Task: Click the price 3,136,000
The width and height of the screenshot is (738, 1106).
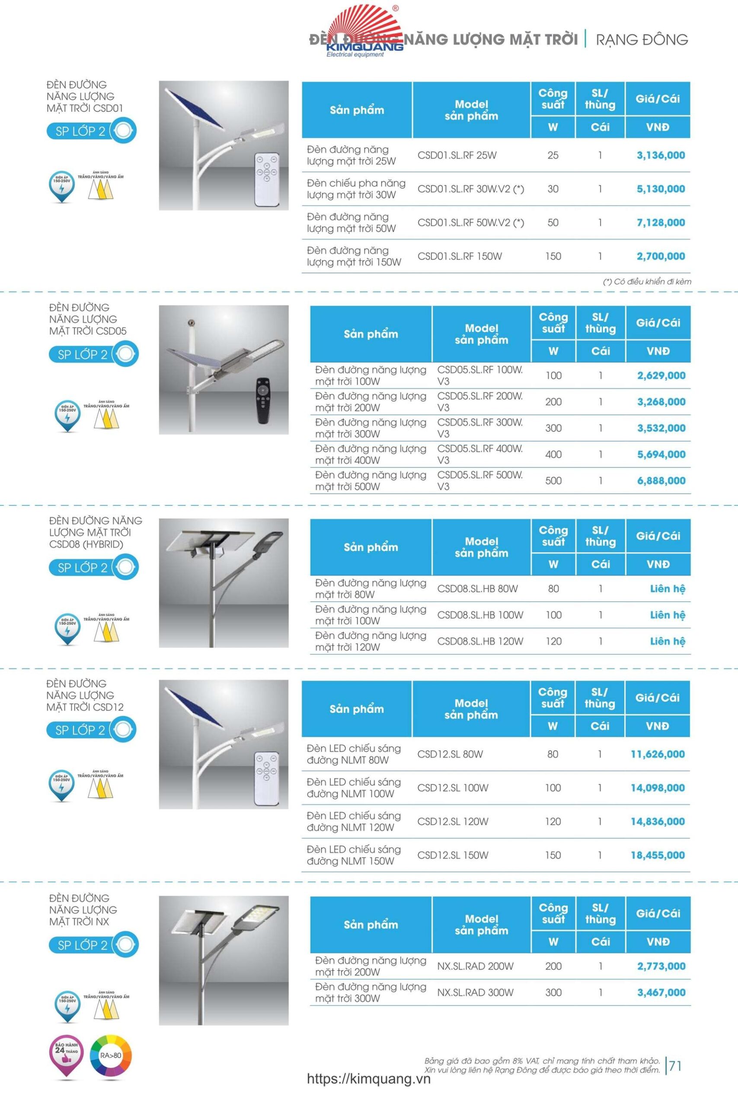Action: [660, 155]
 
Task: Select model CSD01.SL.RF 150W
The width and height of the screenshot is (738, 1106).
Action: [460, 256]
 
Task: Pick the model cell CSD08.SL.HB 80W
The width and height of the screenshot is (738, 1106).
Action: [477, 589]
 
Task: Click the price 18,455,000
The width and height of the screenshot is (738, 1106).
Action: [658, 855]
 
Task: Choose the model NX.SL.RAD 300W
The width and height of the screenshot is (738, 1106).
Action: [475, 993]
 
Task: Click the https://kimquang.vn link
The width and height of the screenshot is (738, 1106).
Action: [368, 1079]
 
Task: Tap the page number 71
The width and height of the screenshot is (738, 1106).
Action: [675, 1065]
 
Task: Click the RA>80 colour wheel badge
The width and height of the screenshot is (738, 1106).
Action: [111, 1056]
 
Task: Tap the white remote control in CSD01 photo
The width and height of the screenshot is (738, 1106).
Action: [266, 179]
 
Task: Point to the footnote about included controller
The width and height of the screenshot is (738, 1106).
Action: [647, 282]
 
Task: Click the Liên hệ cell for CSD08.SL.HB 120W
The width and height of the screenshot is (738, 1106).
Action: [667, 642]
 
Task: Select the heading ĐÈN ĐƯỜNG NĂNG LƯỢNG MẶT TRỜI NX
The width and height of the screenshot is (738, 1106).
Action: [83, 910]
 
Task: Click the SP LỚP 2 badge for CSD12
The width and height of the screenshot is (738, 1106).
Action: [91, 730]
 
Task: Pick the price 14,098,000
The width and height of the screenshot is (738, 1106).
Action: [658, 788]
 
